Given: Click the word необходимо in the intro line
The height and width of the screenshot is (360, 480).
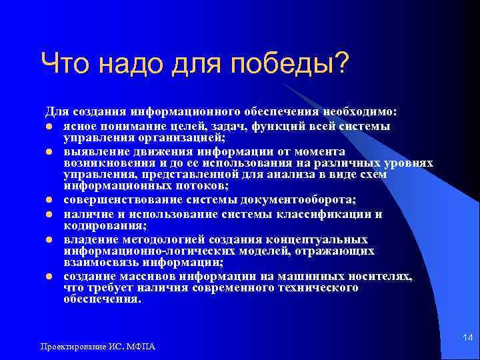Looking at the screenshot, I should pos(361,110).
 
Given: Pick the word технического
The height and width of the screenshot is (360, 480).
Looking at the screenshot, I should pos(312,288).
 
